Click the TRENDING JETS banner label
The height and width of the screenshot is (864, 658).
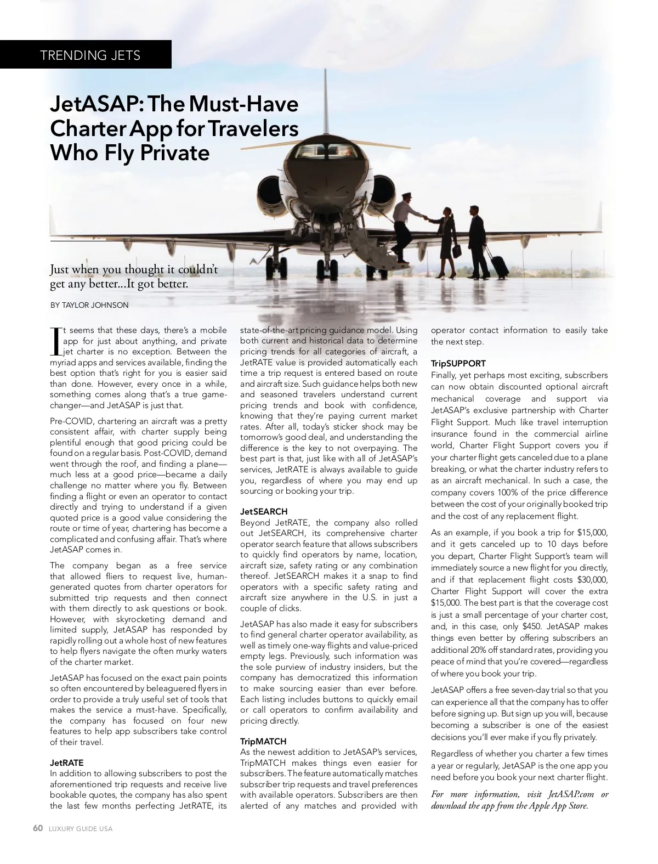(x=90, y=55)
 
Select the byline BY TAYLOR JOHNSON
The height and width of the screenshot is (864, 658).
(x=89, y=305)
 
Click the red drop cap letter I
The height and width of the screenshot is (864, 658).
(x=55, y=341)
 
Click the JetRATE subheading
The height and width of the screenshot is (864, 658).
(x=67, y=763)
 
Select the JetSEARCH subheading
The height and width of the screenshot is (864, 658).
(x=264, y=511)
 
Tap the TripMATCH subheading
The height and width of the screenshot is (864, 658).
(x=263, y=741)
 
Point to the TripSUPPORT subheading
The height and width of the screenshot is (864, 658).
(x=458, y=363)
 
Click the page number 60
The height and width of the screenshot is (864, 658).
(x=38, y=828)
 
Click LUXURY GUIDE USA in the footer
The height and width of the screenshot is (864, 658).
(x=81, y=829)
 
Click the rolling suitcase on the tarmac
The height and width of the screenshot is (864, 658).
(x=499, y=266)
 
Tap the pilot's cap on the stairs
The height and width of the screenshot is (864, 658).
(x=404, y=196)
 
